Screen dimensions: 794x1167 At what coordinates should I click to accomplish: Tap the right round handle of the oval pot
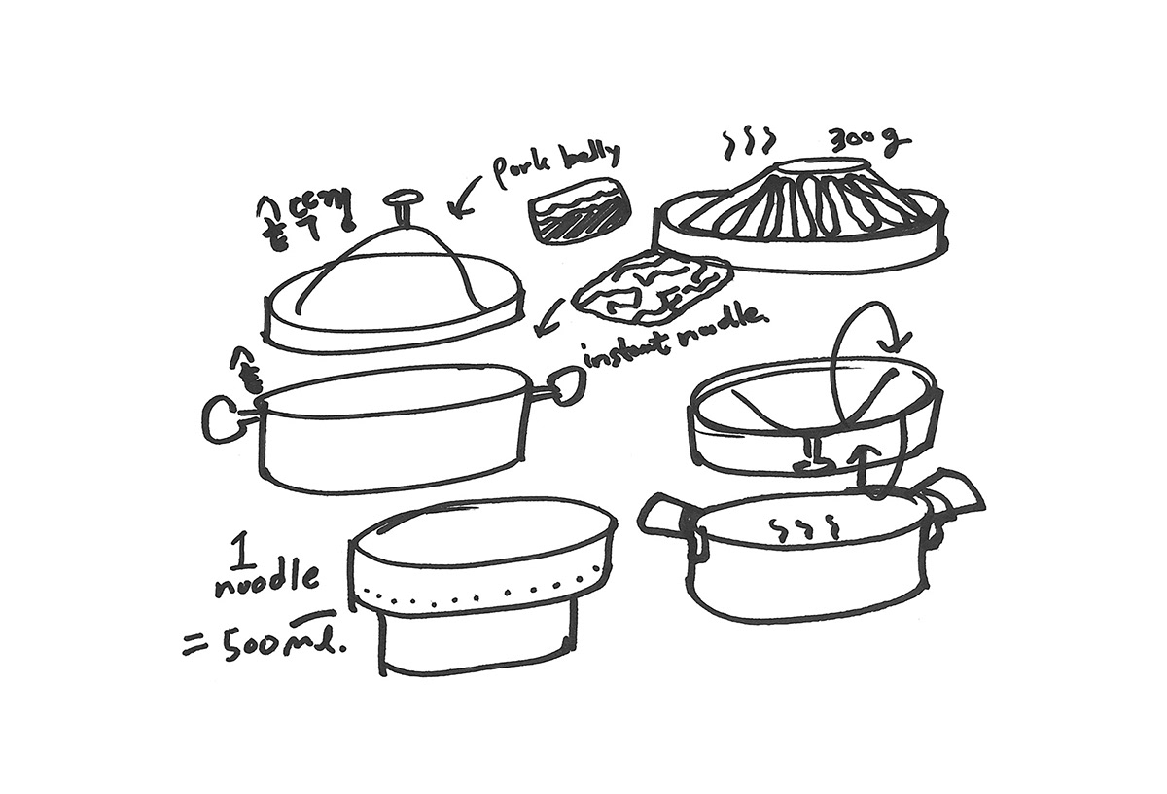565,386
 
